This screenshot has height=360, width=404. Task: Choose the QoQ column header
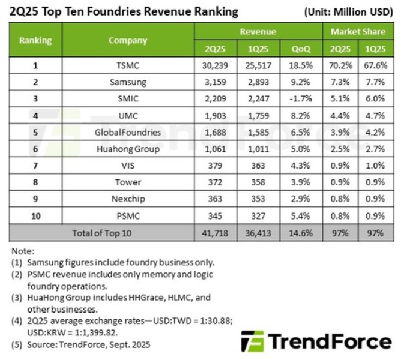[301, 48]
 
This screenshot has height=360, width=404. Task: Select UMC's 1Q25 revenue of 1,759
[258, 113]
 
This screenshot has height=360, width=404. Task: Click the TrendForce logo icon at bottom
[253, 341]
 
